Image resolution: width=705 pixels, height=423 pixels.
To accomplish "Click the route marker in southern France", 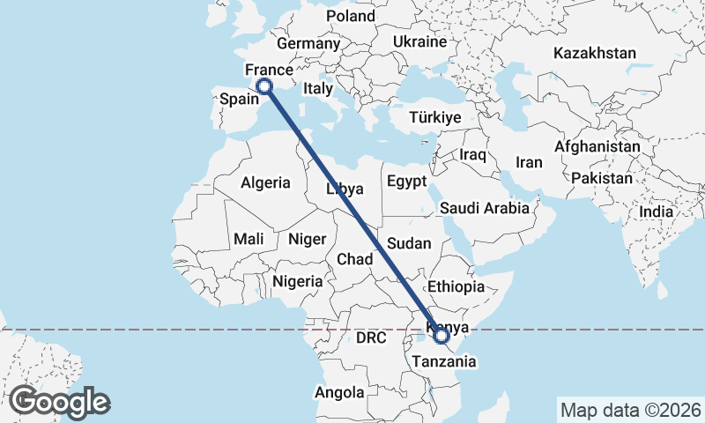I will [x=263, y=85].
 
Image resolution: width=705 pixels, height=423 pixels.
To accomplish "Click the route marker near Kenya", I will [x=442, y=335].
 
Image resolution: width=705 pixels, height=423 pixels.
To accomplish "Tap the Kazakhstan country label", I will [x=594, y=54].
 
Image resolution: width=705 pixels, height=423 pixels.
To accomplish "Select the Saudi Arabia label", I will [x=485, y=209].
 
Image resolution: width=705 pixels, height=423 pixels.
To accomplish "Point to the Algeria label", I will [x=265, y=183].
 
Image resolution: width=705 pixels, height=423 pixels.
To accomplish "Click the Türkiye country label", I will [x=435, y=117].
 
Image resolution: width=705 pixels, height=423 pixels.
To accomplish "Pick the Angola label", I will [x=340, y=392].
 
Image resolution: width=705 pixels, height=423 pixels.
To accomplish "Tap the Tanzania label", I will [x=445, y=361].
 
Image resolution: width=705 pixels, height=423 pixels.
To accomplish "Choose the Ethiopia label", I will [x=456, y=287].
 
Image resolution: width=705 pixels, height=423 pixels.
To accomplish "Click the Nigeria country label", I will [x=298, y=281].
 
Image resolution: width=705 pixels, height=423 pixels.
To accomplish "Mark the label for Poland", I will [x=350, y=16].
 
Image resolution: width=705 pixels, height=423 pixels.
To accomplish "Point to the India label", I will [x=656, y=211].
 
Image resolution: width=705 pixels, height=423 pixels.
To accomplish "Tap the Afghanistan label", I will [x=597, y=146].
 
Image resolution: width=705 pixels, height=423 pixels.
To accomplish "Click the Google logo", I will [x=60, y=402].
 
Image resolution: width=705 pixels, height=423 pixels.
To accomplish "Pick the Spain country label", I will [x=238, y=100].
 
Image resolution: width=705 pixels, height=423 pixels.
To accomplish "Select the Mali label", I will [x=249, y=239].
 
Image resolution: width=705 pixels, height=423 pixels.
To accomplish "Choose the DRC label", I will [x=372, y=338].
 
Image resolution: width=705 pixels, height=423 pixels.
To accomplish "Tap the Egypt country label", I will [x=406, y=182].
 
